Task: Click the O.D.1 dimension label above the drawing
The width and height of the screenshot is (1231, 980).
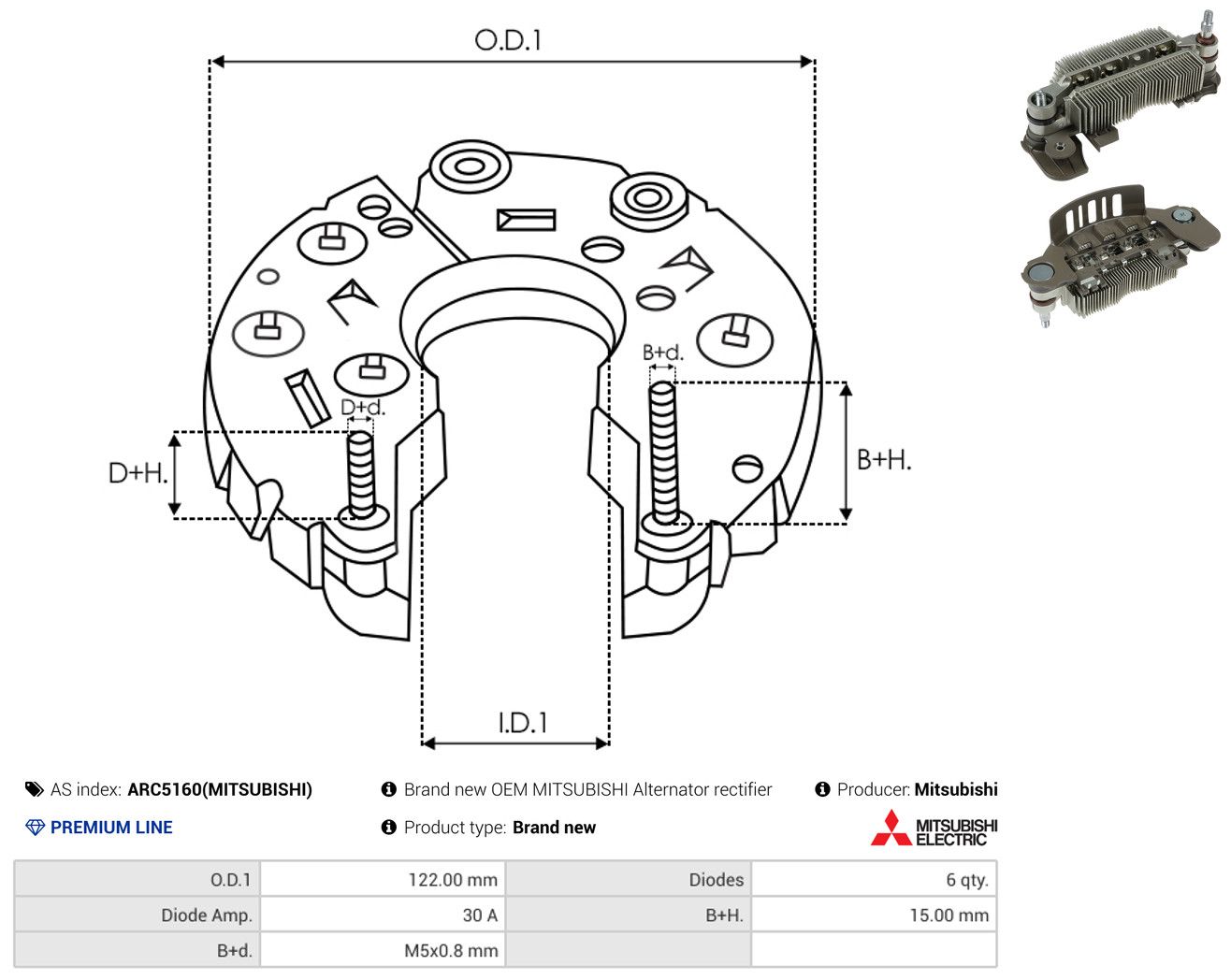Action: coord(507,40)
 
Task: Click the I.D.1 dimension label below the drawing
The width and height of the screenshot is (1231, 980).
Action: coord(523,723)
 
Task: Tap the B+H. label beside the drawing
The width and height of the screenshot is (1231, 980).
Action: coord(884,460)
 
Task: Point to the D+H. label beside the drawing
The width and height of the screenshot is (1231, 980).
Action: coord(138,473)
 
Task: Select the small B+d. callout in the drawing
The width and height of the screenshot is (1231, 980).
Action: coord(663,353)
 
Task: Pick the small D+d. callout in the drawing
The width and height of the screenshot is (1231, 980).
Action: coord(363,407)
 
